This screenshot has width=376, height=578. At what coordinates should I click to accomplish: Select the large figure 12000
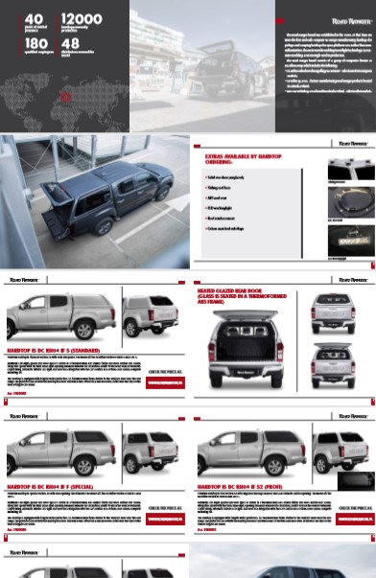(81, 19)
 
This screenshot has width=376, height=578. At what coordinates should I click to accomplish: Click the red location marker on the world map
(65, 96)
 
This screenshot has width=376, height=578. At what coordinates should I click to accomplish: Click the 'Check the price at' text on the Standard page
(163, 370)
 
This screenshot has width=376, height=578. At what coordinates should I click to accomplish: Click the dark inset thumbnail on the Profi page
(357, 479)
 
